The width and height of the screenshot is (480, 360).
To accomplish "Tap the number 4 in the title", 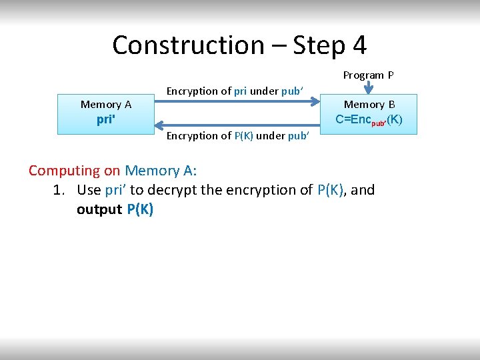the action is [x=359, y=45].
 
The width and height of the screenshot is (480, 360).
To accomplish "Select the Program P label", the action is [x=368, y=75].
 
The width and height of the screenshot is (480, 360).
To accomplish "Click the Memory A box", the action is [x=106, y=114].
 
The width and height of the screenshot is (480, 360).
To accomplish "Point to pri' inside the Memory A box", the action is [x=106, y=121].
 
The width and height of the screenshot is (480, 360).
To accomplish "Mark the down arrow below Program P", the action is [x=367, y=88].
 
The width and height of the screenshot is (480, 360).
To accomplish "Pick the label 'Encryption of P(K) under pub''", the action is [x=237, y=136].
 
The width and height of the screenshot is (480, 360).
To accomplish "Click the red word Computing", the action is [x=65, y=171].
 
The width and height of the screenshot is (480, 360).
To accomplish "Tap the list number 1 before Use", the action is [x=59, y=190].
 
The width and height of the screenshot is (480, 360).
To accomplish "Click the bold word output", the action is [x=99, y=209].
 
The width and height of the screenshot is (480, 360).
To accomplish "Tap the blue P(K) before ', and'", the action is [x=330, y=190].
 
